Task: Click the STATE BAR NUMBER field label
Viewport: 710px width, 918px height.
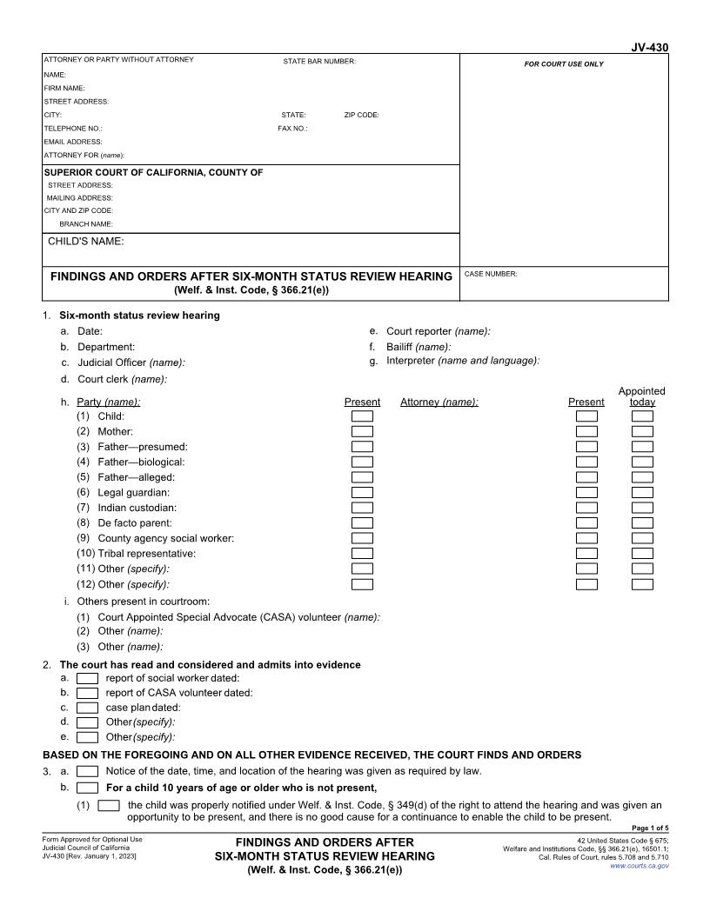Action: [319, 61]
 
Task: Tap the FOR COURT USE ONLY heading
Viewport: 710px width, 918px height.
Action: [564, 64]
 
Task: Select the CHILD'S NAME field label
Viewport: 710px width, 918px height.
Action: [85, 242]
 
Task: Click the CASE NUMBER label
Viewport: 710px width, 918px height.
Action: [492, 274]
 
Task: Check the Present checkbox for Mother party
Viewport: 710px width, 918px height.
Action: [362, 432]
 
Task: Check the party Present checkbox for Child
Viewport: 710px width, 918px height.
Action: [362, 416]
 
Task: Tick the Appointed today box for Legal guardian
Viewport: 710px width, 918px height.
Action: [642, 493]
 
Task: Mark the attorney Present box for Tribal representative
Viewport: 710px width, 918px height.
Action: [587, 554]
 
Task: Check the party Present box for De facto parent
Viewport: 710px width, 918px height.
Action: [362, 523]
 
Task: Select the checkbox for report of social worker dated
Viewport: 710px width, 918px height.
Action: [87, 678]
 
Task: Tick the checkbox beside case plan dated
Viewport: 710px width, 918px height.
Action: [87, 708]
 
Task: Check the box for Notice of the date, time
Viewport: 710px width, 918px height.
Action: [87, 771]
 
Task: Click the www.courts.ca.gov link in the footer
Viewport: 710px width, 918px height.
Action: [640, 867]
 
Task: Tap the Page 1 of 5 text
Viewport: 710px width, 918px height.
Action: [650, 828]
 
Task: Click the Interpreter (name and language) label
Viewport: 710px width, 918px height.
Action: [463, 361]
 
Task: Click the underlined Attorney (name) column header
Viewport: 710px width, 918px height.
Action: [439, 402]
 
